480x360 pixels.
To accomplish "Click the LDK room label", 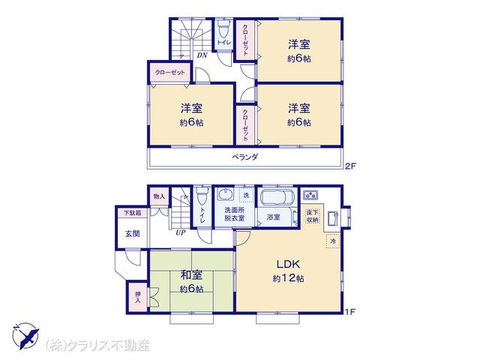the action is point(288,264).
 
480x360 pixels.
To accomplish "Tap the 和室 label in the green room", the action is point(191,275).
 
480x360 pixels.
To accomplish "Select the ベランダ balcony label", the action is point(245,157).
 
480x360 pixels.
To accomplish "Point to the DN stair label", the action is point(202,55).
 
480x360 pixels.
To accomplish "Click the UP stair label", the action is point(181,232).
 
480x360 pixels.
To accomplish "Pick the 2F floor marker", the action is point(351,166).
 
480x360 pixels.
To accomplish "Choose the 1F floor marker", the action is point(350,312).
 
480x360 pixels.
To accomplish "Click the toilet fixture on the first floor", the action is point(202,196).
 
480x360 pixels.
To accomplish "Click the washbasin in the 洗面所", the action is point(226,195).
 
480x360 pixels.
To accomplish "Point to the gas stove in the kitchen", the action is point(310,195).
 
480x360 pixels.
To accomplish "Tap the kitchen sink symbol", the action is point(332,218).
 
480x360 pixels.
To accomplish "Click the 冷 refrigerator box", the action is point(333,241).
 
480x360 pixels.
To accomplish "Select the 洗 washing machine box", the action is point(247,195).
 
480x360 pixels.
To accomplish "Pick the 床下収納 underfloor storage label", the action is point(313,216).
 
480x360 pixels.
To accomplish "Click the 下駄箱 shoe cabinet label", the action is point(132,213).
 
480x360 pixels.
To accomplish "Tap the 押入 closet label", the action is point(138,297).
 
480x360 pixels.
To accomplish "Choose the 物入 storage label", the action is point(159,196).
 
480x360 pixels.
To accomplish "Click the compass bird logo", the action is point(25,336).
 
